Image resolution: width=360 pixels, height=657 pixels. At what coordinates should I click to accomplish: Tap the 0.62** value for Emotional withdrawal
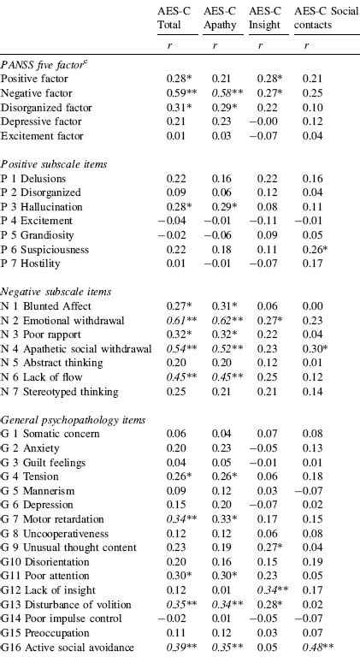(222, 320)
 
